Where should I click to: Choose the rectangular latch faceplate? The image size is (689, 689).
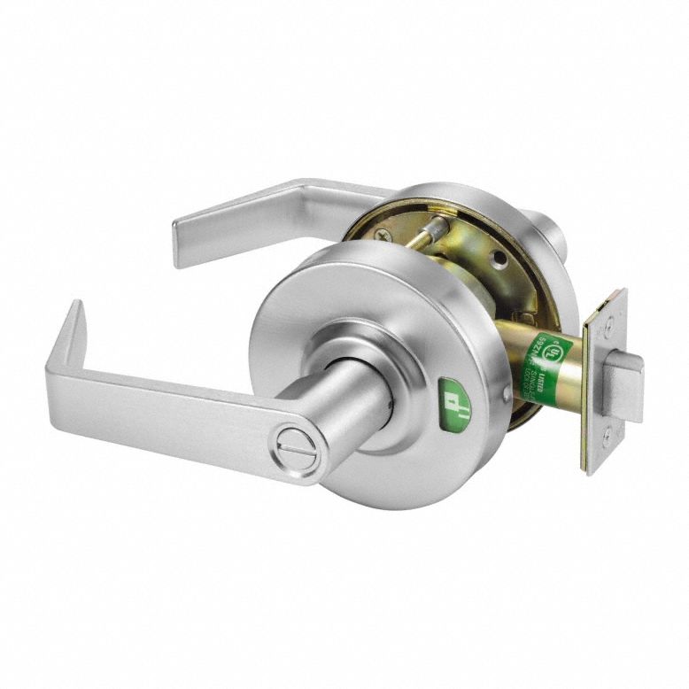(x=604, y=381)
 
